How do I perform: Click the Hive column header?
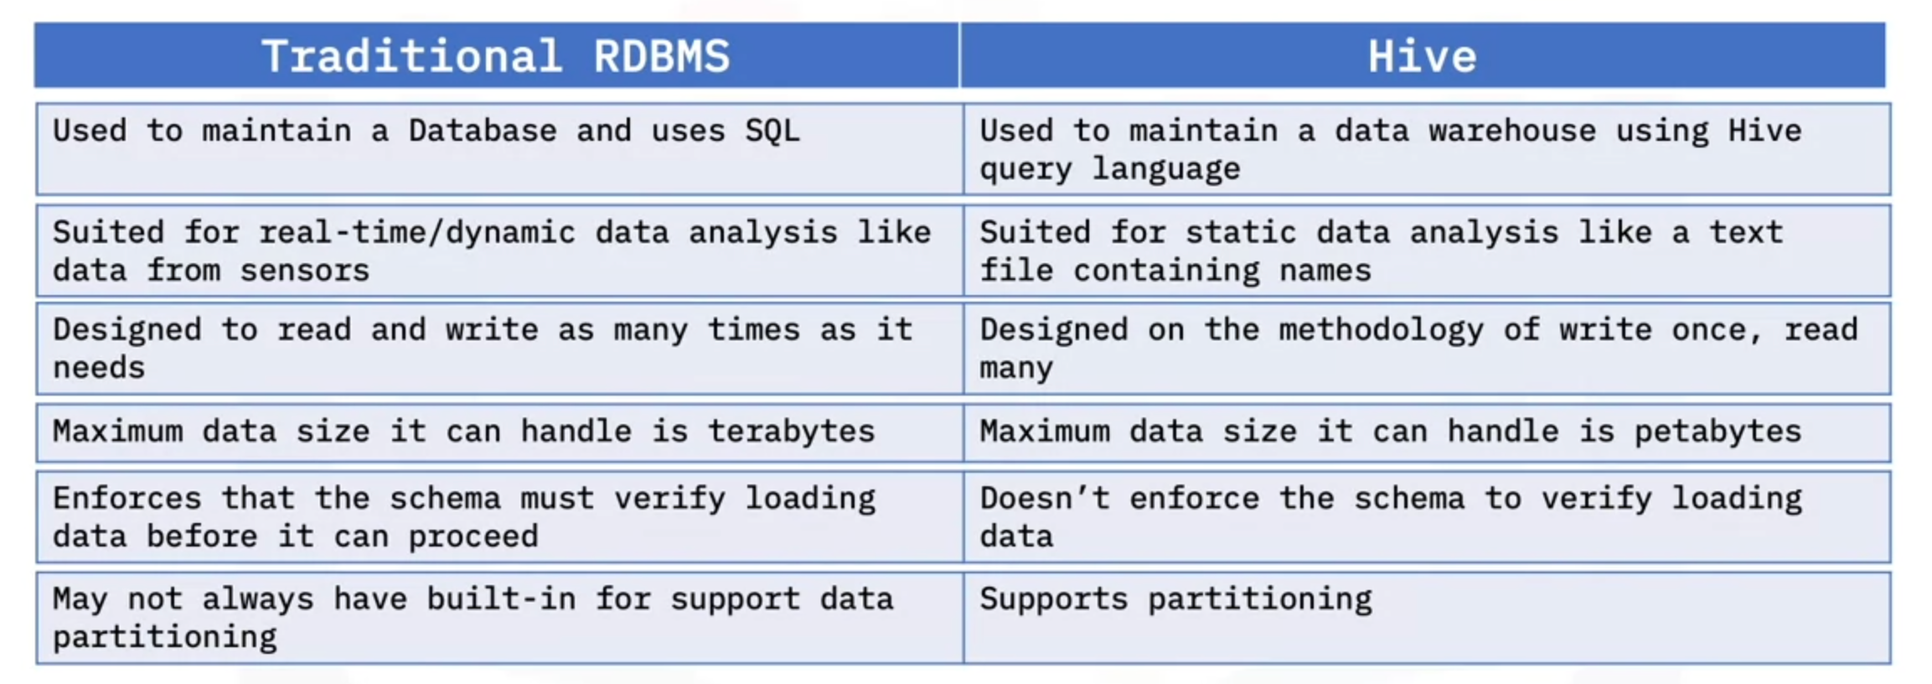(1422, 56)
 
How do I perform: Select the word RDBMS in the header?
(661, 56)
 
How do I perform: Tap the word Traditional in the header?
(411, 56)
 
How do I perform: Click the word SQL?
(772, 131)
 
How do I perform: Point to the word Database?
(483, 131)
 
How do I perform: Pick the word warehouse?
(1512, 131)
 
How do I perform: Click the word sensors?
(305, 271)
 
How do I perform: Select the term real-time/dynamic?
(417, 233)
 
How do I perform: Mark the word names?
(1325, 271)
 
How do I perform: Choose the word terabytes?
(791, 431)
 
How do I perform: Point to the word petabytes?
(1718, 431)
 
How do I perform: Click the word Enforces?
(127, 498)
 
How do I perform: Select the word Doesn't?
(1045, 498)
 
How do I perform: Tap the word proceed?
(473, 536)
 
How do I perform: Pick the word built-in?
(501, 598)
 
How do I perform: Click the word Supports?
(1054, 598)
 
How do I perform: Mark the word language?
(1166, 169)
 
